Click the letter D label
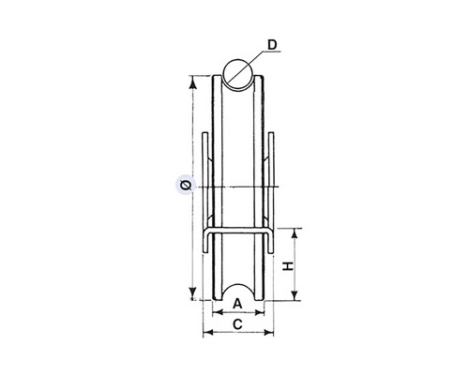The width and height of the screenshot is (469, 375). [272, 45]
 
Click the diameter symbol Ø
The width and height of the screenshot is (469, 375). [186, 186]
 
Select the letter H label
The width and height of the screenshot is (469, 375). [288, 266]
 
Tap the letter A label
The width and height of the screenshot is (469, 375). [238, 304]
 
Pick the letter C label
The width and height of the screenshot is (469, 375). [238, 324]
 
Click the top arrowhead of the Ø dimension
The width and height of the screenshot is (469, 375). [193, 82]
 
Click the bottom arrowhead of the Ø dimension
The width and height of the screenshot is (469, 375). [193, 293]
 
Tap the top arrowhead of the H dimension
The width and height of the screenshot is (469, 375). [295, 235]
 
